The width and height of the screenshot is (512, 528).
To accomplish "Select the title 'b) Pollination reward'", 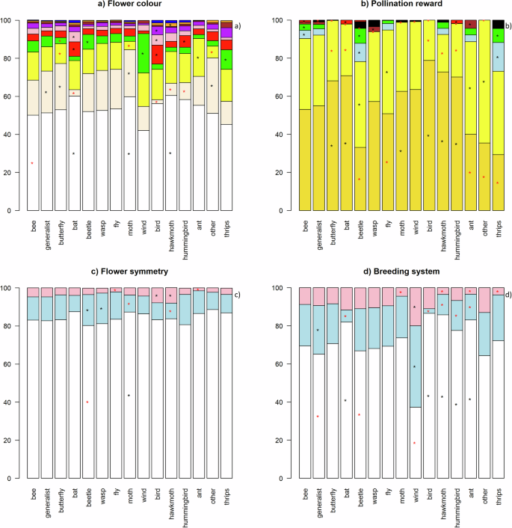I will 383,7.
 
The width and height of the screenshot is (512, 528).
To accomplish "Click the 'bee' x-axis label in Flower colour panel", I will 33,226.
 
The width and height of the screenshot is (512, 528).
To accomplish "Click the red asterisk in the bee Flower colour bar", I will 32,163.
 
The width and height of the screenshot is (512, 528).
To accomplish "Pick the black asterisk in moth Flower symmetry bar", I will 129,395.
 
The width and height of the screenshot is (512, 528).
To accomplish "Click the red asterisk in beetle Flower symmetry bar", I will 87,402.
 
